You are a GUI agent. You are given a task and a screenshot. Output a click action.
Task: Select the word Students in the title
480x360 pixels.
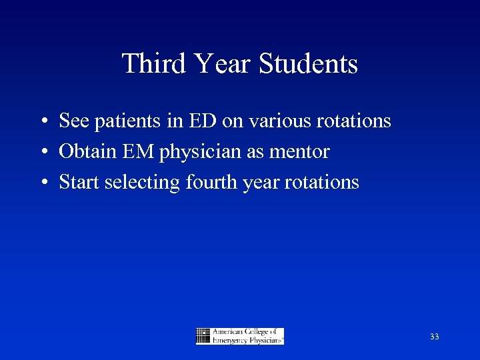coord(308,64)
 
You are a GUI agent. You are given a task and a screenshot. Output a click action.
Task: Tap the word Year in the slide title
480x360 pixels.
coord(221,64)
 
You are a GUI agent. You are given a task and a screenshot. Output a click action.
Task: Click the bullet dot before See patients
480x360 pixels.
coord(42,122)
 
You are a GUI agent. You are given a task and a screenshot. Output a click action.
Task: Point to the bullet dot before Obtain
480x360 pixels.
coord(42,153)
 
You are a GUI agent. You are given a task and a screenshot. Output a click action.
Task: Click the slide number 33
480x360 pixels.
coord(434,337)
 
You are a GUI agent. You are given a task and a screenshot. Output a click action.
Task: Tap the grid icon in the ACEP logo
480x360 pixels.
coord(203,336)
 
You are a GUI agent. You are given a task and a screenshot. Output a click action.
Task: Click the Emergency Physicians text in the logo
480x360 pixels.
coord(247,340)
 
